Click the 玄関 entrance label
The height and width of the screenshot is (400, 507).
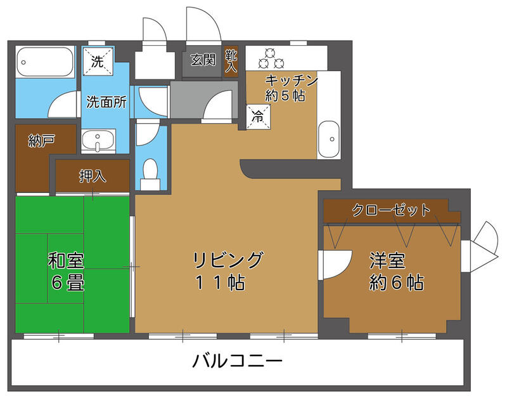tap(203, 60)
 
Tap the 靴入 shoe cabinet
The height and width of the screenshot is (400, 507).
tap(231, 61)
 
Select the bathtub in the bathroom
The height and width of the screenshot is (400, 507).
tap(44, 62)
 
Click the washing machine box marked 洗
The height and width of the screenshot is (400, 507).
tap(98, 61)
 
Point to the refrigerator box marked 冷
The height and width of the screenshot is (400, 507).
tap(259, 117)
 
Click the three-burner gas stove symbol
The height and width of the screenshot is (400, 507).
tap(271, 58)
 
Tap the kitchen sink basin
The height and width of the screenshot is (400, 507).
tap(328, 139)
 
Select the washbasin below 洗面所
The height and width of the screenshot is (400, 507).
tap(98, 140)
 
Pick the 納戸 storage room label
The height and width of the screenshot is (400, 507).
tap(41, 141)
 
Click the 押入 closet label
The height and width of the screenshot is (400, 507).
tap(93, 176)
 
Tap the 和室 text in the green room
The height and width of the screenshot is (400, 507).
tap(66, 261)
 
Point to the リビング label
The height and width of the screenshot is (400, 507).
tap(228, 260)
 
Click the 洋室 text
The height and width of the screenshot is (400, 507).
tap(387, 261)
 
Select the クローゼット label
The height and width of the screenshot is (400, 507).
tap(391, 210)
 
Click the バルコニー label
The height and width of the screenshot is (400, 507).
tap(237, 361)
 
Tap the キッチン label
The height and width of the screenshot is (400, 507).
tap(292, 80)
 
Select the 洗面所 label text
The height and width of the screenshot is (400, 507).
tap(106, 102)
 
